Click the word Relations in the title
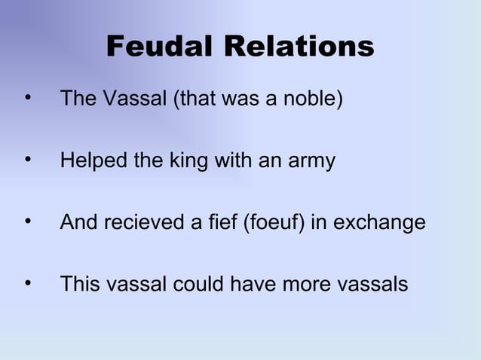coord(299,47)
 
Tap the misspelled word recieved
coord(146,224)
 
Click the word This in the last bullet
coord(79,285)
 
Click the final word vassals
coord(372,285)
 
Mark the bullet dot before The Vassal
coord(28,98)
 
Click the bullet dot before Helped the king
coord(28,160)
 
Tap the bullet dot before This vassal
coord(28,285)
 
